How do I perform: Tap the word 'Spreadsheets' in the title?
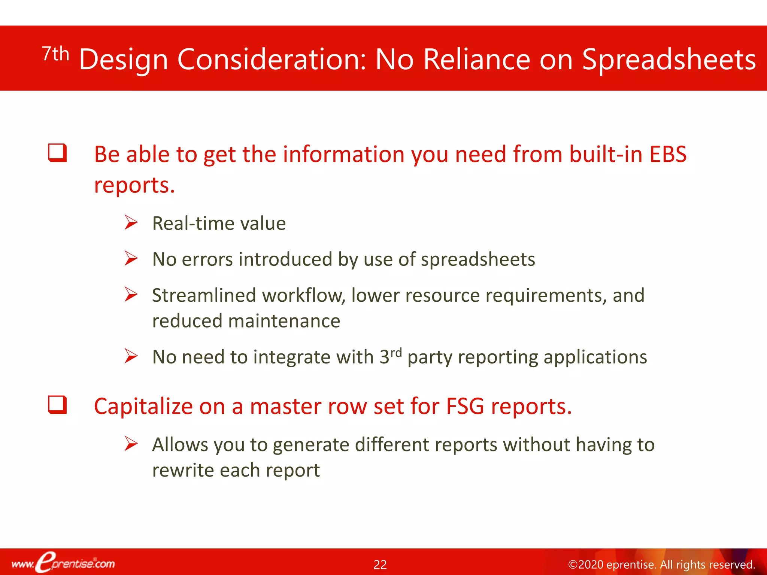tap(669, 60)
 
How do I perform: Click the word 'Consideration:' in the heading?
tap(272, 60)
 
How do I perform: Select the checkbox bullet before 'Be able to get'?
tap(57, 153)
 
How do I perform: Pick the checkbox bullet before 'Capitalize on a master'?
tap(57, 405)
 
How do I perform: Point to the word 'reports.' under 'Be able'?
tap(134, 185)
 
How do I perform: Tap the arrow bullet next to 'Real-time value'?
tap(131, 223)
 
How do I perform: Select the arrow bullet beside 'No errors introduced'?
tap(131, 259)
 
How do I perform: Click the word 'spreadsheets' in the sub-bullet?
tap(478, 260)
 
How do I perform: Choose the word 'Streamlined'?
tap(204, 295)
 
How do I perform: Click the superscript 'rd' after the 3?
tap(396, 352)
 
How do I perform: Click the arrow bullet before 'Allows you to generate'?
tap(131, 444)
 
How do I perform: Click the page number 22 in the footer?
tap(380, 565)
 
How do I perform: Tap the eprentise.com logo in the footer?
tap(63, 563)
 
